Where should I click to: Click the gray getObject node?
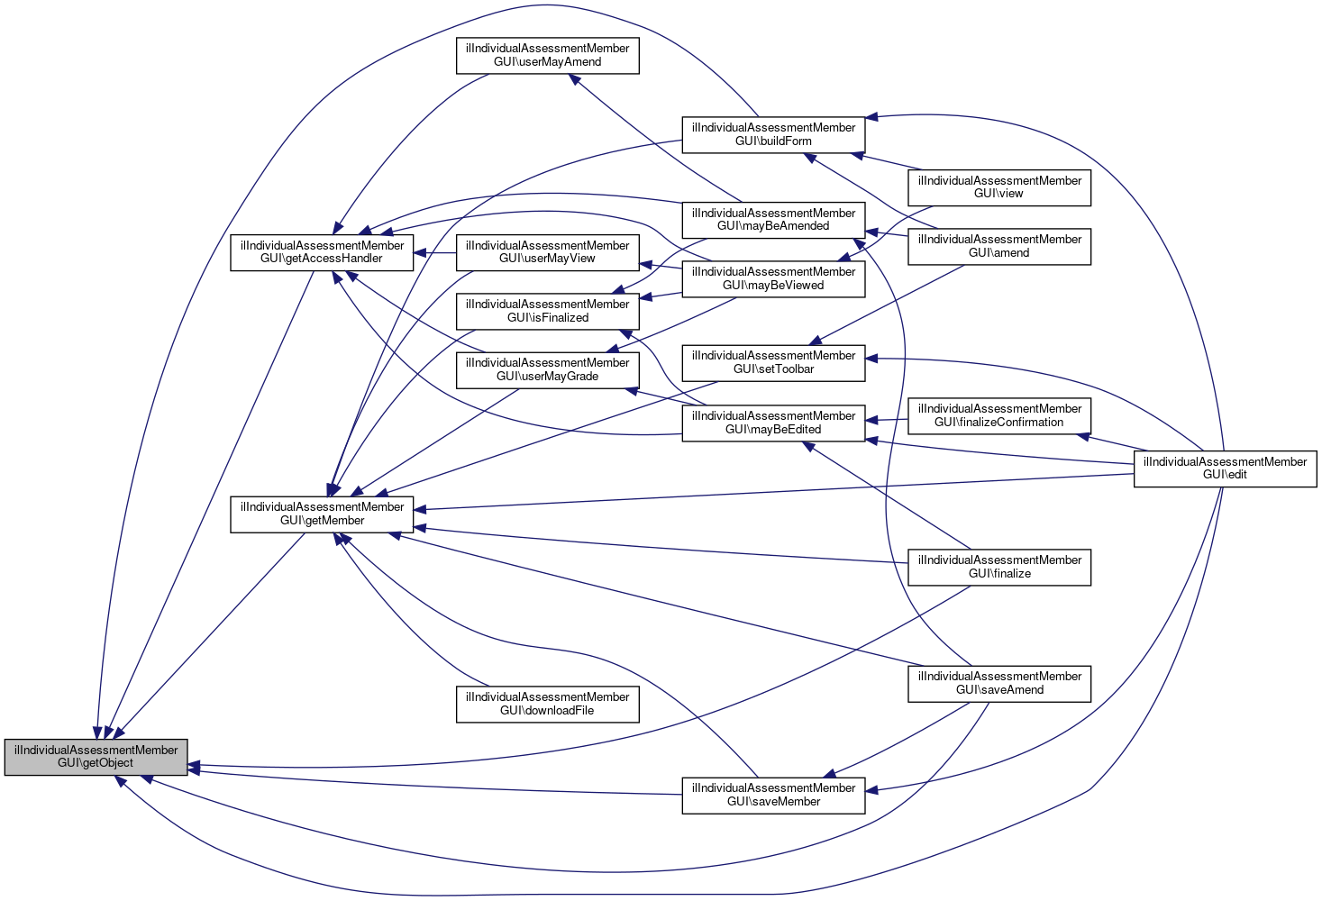pos(96,757)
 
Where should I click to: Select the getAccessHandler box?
pos(322,252)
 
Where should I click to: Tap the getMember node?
pos(322,514)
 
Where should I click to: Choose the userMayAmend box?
pos(548,55)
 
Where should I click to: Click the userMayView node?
pos(548,252)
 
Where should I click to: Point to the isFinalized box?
pos(548,311)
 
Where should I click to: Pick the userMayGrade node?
pos(548,369)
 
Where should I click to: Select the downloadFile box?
pos(548,704)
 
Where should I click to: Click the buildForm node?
pos(773,134)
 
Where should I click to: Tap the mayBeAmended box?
pos(773,220)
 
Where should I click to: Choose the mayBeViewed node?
pos(773,278)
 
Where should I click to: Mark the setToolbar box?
pos(773,362)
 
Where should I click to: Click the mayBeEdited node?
pos(773,423)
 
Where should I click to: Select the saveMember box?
pos(773,795)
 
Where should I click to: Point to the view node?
pos(999,187)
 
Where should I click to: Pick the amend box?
pos(999,246)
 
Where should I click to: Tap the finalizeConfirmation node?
pos(999,415)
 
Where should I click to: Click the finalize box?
pos(999,567)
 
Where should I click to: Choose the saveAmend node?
pos(999,683)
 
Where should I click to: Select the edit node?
pos(1225,469)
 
